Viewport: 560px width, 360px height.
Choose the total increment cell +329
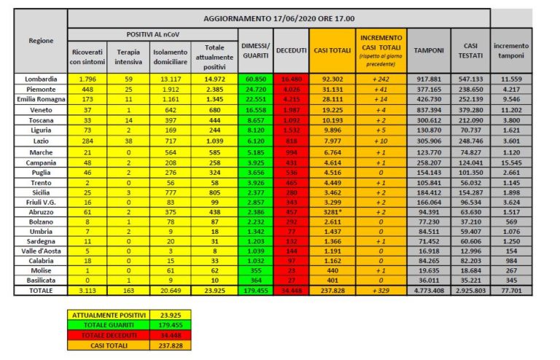pyautogui.click(x=378, y=289)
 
